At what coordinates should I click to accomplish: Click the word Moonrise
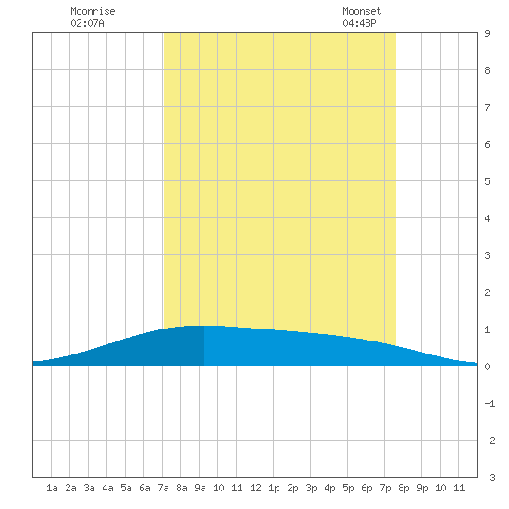(93, 11)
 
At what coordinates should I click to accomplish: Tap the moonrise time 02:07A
(87, 23)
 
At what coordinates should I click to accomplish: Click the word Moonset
(362, 11)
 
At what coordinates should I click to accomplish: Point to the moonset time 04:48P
(359, 23)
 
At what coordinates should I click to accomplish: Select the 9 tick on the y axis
(487, 33)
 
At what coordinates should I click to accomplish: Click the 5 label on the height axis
(487, 181)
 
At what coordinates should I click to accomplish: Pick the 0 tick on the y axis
(487, 366)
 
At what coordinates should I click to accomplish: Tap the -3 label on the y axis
(490, 478)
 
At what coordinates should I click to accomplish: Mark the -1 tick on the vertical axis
(490, 403)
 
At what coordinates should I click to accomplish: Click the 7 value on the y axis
(487, 107)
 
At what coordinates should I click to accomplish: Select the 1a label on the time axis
(52, 488)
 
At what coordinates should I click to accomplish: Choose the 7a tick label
(163, 488)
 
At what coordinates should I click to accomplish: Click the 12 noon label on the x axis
(255, 488)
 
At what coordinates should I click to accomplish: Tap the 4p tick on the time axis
(329, 488)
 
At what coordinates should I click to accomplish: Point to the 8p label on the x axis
(403, 488)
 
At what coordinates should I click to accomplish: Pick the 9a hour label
(200, 488)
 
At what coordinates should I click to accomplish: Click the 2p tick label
(292, 488)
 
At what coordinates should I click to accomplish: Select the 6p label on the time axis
(366, 488)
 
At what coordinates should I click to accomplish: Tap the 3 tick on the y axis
(487, 255)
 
